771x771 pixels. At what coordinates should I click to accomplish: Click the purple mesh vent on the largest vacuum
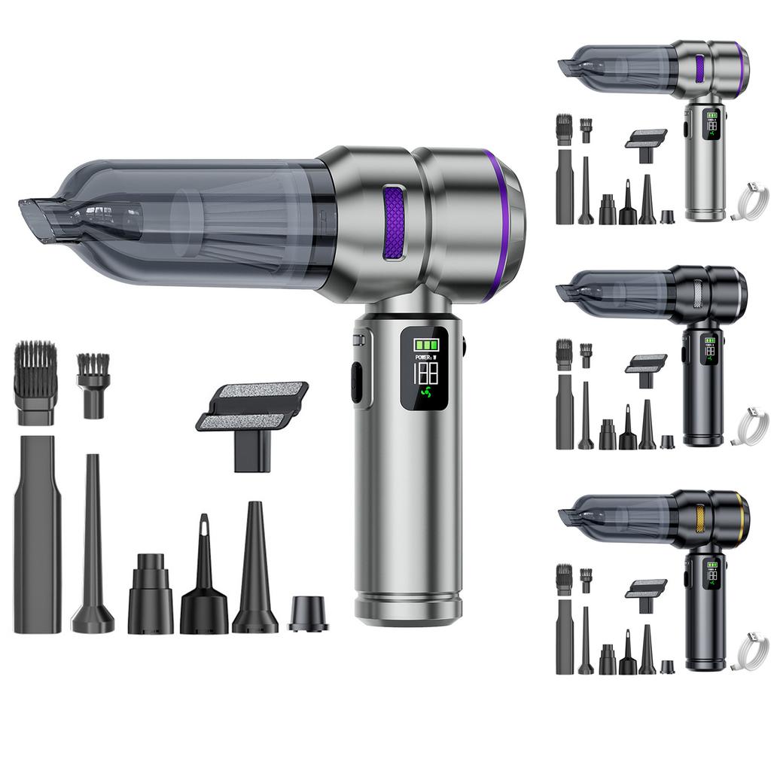click(x=394, y=223)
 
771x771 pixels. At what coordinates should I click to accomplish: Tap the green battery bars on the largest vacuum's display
click(x=426, y=345)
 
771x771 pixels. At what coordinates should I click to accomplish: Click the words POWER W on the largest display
click(x=426, y=357)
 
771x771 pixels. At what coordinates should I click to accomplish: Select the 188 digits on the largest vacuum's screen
click(x=426, y=373)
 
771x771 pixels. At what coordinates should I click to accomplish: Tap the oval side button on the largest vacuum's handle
click(x=356, y=382)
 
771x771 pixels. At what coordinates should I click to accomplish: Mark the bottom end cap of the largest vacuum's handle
click(x=408, y=610)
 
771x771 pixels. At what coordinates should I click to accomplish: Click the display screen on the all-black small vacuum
click(x=710, y=349)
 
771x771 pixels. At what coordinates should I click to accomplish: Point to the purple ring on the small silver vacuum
click(x=742, y=68)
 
